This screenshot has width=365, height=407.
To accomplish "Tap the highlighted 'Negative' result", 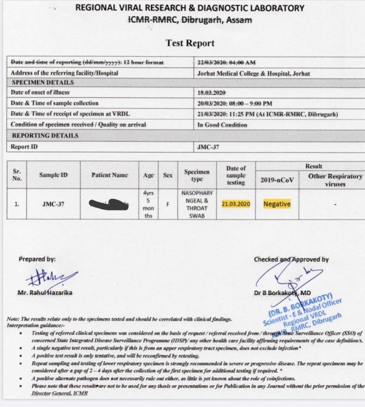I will pos(277,204).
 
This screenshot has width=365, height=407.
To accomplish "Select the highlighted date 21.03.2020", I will pos(236,204).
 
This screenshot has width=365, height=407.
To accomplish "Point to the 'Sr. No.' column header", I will pos(17,175).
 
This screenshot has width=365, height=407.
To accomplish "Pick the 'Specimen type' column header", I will pos(197,176).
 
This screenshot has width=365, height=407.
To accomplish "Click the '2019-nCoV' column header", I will pos(277,180).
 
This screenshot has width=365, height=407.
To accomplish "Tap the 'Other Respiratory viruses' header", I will pos(335,180).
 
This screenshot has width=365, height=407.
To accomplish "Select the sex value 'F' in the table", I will pos(168,204).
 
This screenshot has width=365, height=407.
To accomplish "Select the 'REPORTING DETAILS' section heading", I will pos(45,135).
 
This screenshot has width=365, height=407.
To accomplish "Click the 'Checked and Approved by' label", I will pos(291,260).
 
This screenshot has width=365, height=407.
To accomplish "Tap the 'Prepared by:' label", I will pos(37,259).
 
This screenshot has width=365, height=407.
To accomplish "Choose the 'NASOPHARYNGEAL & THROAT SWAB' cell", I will pos(197,204).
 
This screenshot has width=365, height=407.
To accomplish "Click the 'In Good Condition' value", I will pos(222,125).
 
